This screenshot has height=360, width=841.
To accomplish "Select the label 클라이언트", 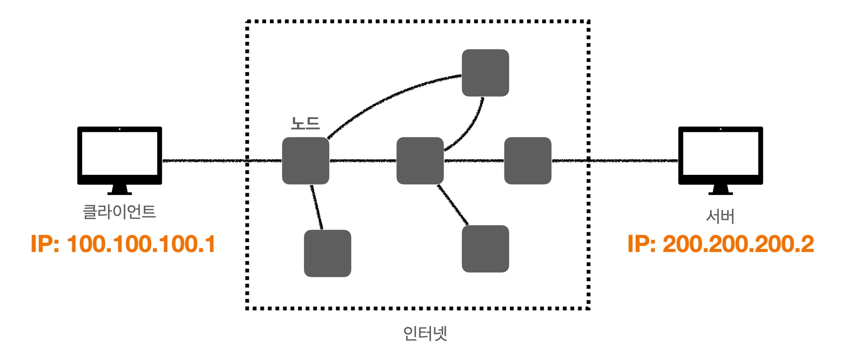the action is (x=119, y=212).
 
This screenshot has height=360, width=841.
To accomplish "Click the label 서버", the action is (x=720, y=216).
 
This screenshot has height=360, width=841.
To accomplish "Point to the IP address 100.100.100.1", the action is (x=123, y=244).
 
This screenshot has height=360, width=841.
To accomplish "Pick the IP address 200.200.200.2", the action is (x=721, y=244).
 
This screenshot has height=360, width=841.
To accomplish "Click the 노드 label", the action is (x=305, y=123).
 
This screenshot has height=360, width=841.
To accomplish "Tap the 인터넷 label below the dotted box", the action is (x=425, y=333).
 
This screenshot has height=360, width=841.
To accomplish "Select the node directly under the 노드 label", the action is (x=306, y=161).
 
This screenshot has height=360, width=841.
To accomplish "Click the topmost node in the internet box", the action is (x=485, y=73).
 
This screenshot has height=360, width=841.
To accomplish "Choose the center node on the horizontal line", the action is (x=420, y=161).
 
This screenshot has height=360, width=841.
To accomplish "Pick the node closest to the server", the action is (x=528, y=161).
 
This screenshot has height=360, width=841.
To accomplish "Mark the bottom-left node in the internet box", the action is (x=327, y=253).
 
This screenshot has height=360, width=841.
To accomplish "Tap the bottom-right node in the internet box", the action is (x=485, y=249).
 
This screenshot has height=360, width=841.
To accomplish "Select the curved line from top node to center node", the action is (x=472, y=127).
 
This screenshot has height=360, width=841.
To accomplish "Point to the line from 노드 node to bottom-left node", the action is (x=317, y=207).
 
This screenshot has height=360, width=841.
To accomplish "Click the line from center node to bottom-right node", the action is (x=453, y=205).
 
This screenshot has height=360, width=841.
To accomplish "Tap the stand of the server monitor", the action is (x=720, y=190).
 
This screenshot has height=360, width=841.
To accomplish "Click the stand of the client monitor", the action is (x=119, y=190).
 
